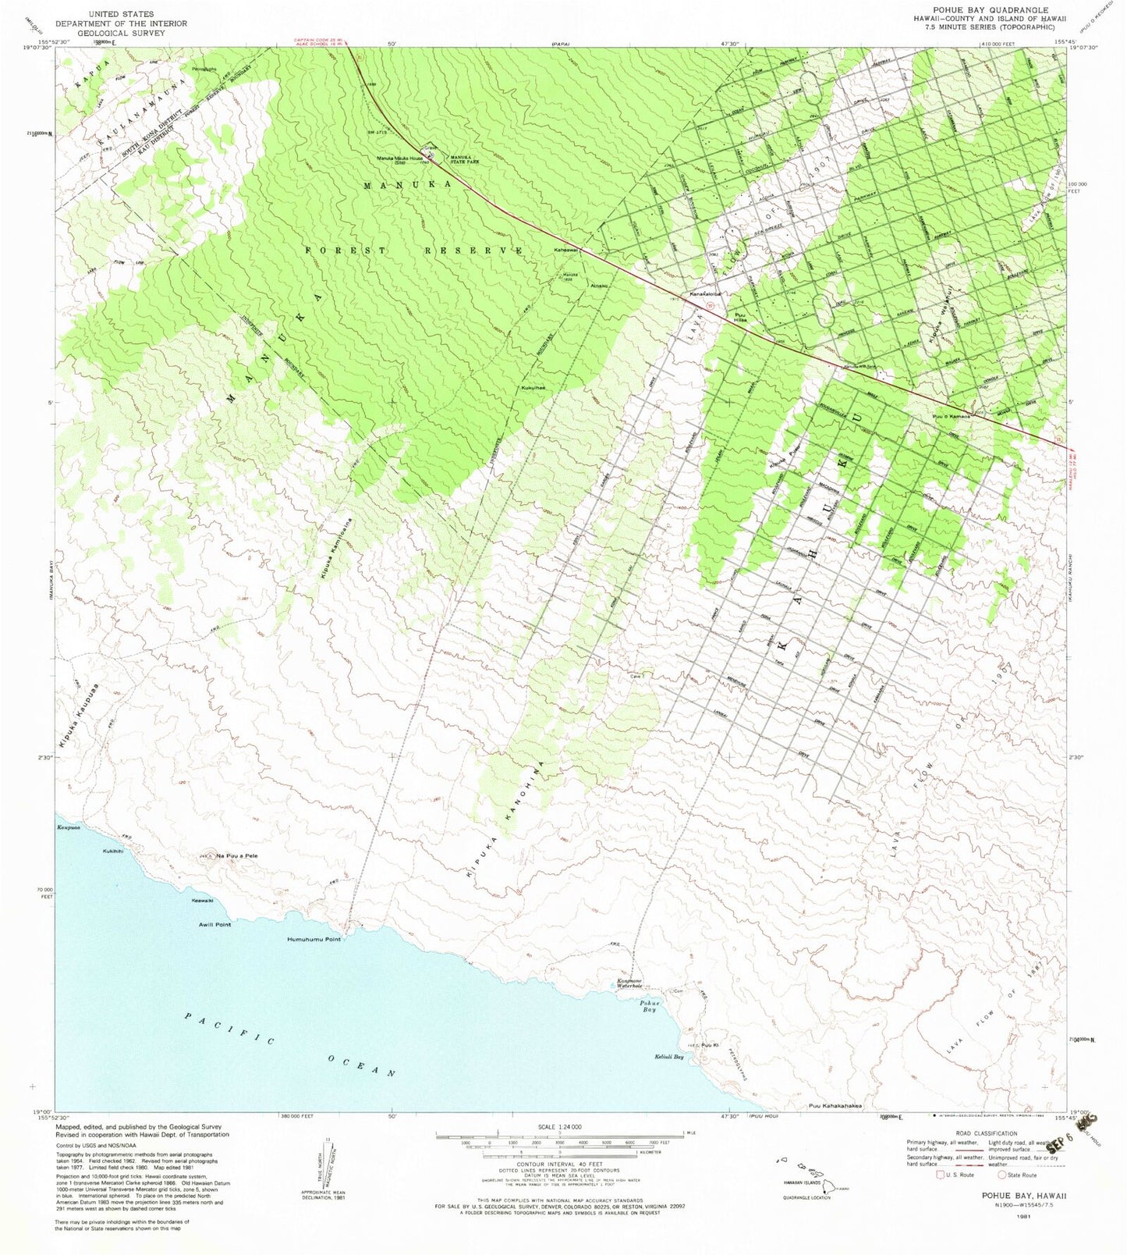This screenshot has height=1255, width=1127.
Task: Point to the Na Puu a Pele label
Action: click(237, 856)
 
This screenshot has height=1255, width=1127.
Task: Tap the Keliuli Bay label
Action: click(668, 1058)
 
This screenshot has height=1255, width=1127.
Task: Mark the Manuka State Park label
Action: click(464, 158)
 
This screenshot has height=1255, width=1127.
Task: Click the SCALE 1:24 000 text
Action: click(559, 1126)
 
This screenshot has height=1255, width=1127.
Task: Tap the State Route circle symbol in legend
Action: click(1002, 1175)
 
